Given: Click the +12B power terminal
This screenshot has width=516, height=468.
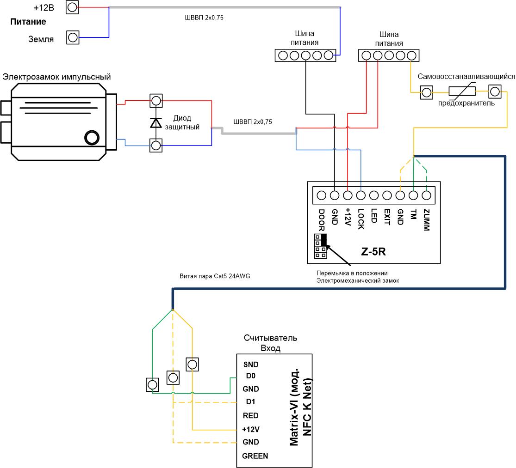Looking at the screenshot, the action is pyautogui.click(x=72, y=7).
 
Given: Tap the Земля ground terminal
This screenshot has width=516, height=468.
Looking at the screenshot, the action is pyautogui.click(x=73, y=37).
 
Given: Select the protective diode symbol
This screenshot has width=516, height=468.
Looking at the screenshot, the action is pyautogui.click(x=156, y=122).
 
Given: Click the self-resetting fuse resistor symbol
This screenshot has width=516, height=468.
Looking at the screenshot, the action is pyautogui.click(x=462, y=91).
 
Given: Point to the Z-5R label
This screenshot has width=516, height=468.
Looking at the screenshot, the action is pyautogui.click(x=373, y=252).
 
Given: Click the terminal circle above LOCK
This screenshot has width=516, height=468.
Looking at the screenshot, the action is pyautogui.click(x=361, y=195).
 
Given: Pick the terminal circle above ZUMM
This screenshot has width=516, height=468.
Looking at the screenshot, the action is pyautogui.click(x=427, y=195).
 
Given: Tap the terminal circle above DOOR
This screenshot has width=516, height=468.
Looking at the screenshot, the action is pyautogui.click(x=322, y=195).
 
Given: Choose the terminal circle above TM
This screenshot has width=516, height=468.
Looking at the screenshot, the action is pyautogui.click(x=413, y=195).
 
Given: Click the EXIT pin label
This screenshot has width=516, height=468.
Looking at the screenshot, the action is pyautogui.click(x=387, y=217).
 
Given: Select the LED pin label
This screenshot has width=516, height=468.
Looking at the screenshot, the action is pyautogui.click(x=374, y=216).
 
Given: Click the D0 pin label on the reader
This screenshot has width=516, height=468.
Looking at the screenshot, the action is pyautogui.click(x=251, y=376).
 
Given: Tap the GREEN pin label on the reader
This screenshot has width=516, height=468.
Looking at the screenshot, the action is pyautogui.click(x=255, y=456).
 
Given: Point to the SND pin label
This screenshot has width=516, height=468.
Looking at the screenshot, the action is pyautogui.click(x=251, y=365).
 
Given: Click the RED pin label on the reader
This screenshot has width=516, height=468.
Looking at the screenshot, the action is pyautogui.click(x=250, y=415).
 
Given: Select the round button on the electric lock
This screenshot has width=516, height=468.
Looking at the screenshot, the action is pyautogui.click(x=92, y=138).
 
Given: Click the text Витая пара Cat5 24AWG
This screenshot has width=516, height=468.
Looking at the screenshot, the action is pyautogui.click(x=215, y=276).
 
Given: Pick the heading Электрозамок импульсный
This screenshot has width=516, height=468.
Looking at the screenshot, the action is pyautogui.click(x=56, y=77).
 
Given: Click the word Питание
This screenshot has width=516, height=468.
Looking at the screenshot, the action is pyautogui.click(x=28, y=22).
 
